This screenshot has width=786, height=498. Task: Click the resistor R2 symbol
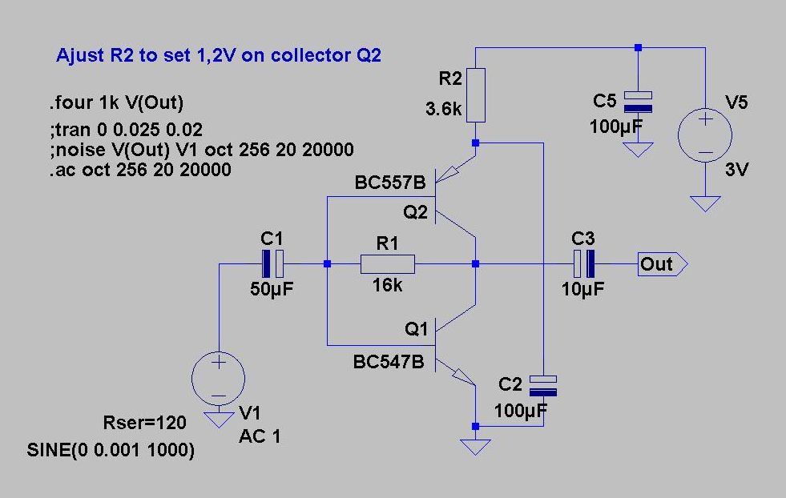click(476, 95)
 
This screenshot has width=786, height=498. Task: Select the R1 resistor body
click(388, 264)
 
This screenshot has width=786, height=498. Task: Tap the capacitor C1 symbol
click(272, 264)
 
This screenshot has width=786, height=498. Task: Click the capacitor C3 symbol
click(584, 264)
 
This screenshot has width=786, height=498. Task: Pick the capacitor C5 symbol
click(638, 102)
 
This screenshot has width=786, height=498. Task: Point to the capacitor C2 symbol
click(543, 386)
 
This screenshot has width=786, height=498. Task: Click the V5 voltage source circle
click(705, 135)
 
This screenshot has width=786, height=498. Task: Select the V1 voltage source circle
click(219, 378)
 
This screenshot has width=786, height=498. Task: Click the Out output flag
click(663, 264)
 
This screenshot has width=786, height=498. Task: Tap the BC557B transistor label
click(390, 183)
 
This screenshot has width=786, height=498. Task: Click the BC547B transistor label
click(389, 362)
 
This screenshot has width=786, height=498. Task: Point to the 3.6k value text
click(444, 109)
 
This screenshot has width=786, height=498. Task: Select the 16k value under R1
click(387, 285)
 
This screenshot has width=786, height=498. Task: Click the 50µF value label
click(272, 288)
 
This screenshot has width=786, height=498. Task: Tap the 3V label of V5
click(736, 170)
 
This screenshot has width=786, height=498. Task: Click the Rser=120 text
click(144, 423)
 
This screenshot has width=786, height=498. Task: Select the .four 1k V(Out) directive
click(116, 102)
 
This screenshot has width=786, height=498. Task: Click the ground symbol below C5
click(638, 149)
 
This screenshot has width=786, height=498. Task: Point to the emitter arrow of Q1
click(462, 376)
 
